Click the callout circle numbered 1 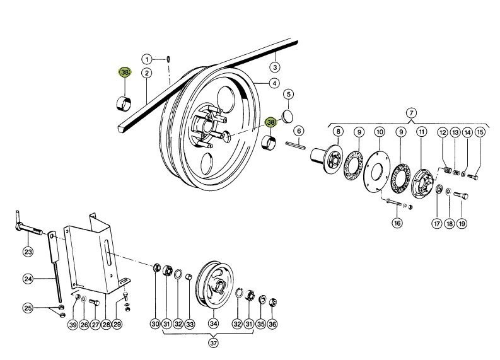tap(147, 59)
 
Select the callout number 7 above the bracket tap(411, 113)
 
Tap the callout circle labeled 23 tap(28, 252)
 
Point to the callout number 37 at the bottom tap(213, 343)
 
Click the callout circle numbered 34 tap(213, 323)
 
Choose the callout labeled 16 tap(397, 223)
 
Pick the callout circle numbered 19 tap(462, 224)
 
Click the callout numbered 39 tap(73, 325)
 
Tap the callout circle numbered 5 tap(289, 95)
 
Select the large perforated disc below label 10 tap(376, 171)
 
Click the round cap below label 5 tap(288, 117)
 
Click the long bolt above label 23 tap(28, 227)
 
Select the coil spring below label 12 tap(448, 170)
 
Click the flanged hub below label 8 tap(327, 159)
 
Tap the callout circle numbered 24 tap(28, 279)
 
